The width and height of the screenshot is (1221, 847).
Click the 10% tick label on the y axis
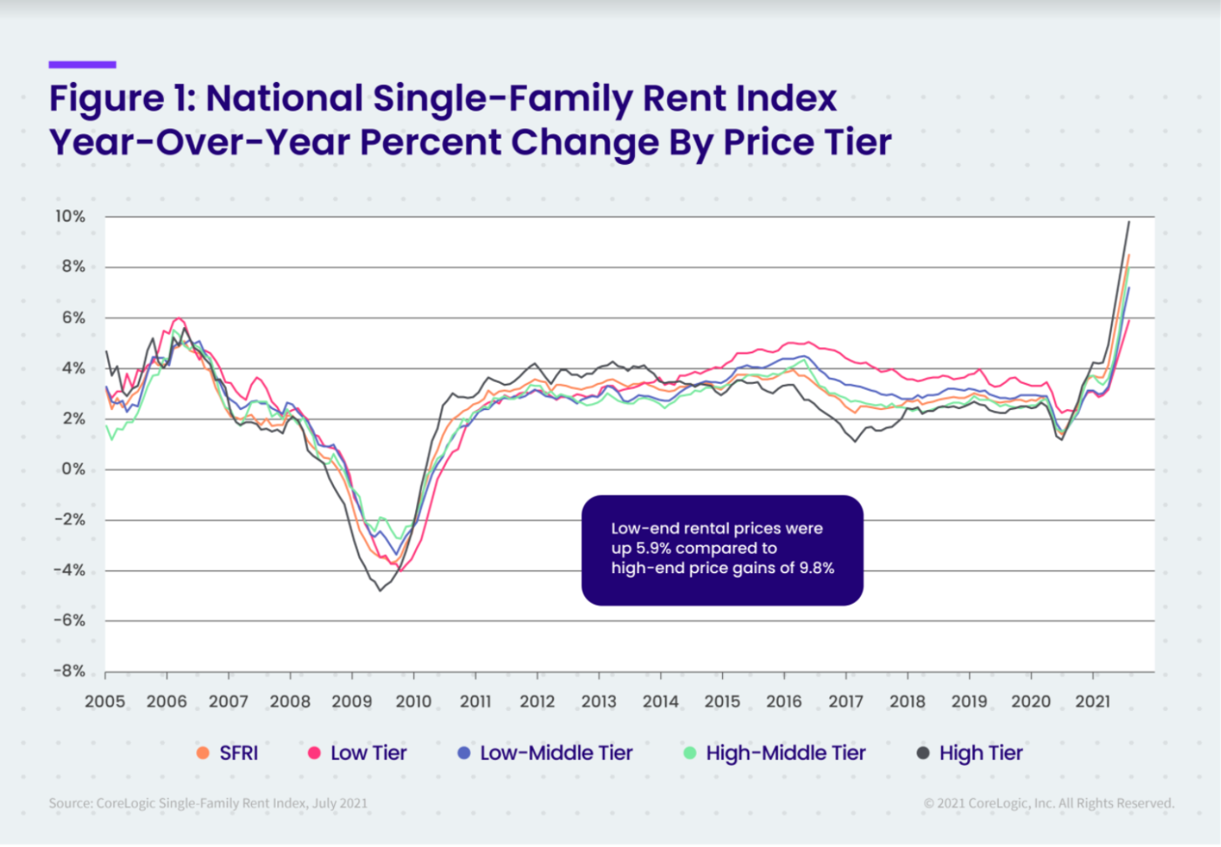click(70, 216)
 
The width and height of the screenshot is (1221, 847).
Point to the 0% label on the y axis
click(73, 469)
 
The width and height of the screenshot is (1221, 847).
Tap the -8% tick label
click(70, 671)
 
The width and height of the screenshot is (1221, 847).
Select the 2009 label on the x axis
click(351, 701)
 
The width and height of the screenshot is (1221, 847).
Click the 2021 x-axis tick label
click(1092, 701)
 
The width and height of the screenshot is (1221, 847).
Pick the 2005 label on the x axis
click(105, 701)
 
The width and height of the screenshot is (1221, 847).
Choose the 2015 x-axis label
click(722, 701)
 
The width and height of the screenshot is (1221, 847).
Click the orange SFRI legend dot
click(203, 753)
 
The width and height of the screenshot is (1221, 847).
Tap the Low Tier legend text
click(368, 753)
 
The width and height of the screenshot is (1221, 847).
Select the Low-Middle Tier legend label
click(556, 753)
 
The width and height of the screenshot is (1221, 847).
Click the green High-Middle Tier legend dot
click(690, 753)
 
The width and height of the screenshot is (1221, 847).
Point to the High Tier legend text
click(980, 753)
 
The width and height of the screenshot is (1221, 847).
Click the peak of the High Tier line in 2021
click(1129, 222)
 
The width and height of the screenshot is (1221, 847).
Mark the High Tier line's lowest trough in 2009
click(380, 591)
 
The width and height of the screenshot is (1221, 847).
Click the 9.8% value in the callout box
click(816, 568)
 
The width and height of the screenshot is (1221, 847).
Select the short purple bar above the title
click(82, 65)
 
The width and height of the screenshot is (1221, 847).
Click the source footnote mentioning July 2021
click(208, 803)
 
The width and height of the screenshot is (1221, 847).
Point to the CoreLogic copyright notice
click(1048, 803)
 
